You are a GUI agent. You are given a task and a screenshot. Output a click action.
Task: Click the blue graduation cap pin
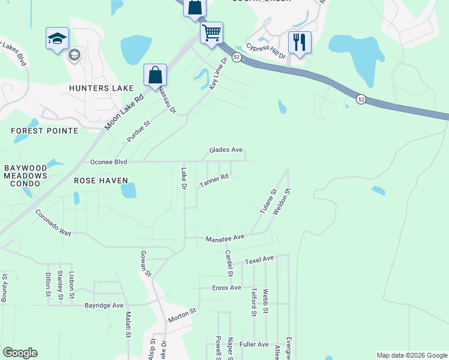tap(58, 39)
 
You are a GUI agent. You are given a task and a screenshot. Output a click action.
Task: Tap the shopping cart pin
tap(211, 34)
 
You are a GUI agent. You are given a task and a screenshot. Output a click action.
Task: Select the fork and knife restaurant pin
tap(299, 43)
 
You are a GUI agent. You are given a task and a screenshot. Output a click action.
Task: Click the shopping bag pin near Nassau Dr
tap(155, 76)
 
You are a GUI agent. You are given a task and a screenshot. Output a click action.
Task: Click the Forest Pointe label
tap(45, 130)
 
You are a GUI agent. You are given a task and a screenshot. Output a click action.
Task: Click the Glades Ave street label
tap(226, 150)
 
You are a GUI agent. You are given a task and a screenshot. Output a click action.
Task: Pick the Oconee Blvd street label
tap(109, 162)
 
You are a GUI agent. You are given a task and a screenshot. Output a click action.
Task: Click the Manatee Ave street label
tap(225, 238)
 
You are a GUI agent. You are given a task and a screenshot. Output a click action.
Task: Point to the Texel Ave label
tap(259, 259)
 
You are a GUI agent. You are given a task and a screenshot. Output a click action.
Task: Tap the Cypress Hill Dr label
tap(265, 52)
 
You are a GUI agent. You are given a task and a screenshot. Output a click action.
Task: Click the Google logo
tap(20, 353)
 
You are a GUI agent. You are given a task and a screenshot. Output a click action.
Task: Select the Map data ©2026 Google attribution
tap(411, 355)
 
